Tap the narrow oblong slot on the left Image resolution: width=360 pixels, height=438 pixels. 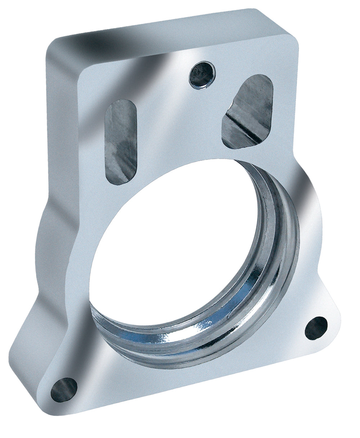click(x=120, y=142)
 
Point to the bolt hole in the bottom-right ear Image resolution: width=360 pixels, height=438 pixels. click(x=316, y=328)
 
